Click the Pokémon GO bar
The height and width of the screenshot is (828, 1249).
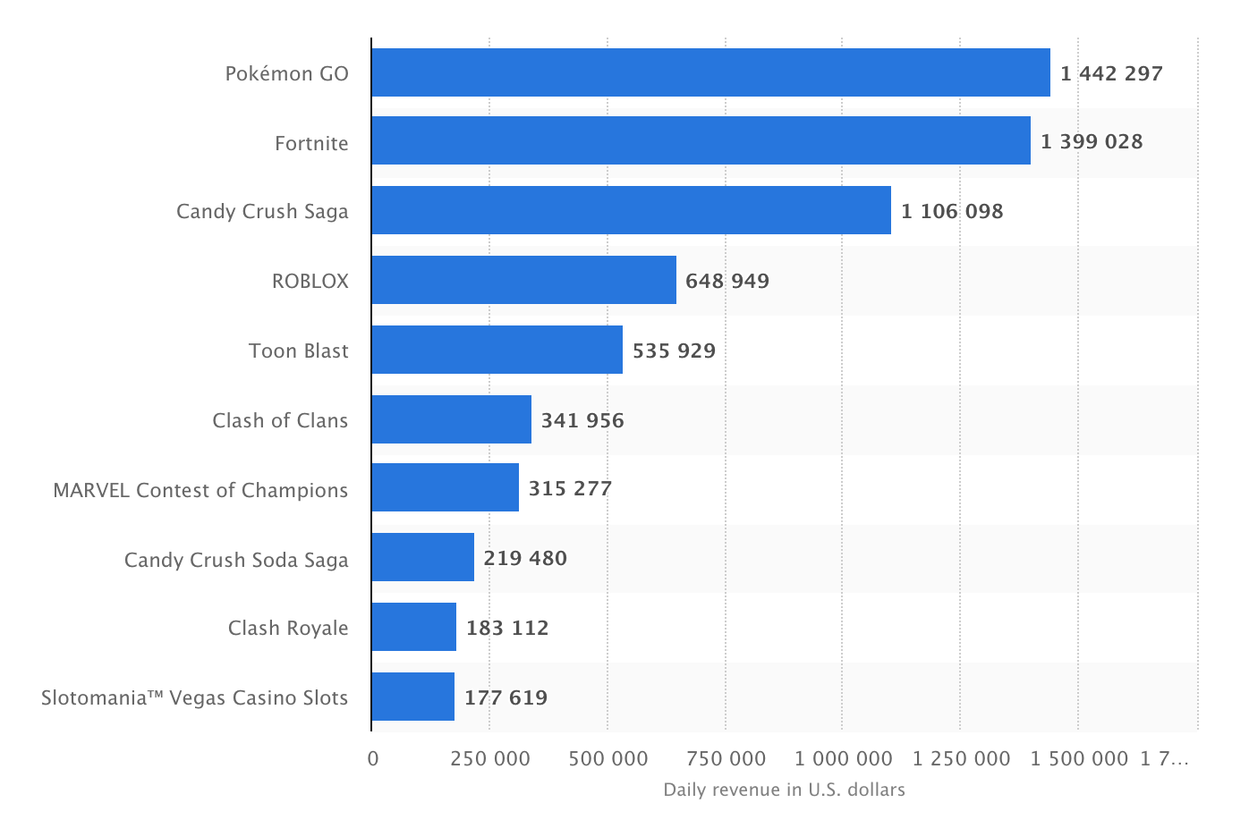710,72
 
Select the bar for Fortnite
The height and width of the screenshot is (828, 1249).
701,140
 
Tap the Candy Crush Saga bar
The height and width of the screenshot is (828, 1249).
631,210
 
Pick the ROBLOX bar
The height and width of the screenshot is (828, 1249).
523,280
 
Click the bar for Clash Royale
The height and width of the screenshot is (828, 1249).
413,627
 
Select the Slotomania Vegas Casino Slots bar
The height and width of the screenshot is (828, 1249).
412,697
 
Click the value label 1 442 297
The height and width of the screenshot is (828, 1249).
1111,73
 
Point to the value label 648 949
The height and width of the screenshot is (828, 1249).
727,281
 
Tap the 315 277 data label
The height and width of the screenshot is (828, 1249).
570,488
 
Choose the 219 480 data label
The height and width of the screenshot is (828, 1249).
525,558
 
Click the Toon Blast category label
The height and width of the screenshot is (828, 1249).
299,351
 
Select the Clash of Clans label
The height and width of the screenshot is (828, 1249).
280,420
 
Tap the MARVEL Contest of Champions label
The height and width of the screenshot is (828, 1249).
200,490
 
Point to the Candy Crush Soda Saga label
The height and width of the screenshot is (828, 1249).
236,560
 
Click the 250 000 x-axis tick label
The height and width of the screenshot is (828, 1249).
490,759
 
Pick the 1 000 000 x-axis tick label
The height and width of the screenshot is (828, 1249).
844,759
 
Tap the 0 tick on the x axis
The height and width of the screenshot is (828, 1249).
373,759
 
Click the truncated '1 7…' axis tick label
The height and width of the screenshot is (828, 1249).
1165,759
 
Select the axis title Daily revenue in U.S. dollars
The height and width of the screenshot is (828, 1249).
784,790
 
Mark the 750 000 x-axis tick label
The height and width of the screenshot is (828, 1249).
726,759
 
